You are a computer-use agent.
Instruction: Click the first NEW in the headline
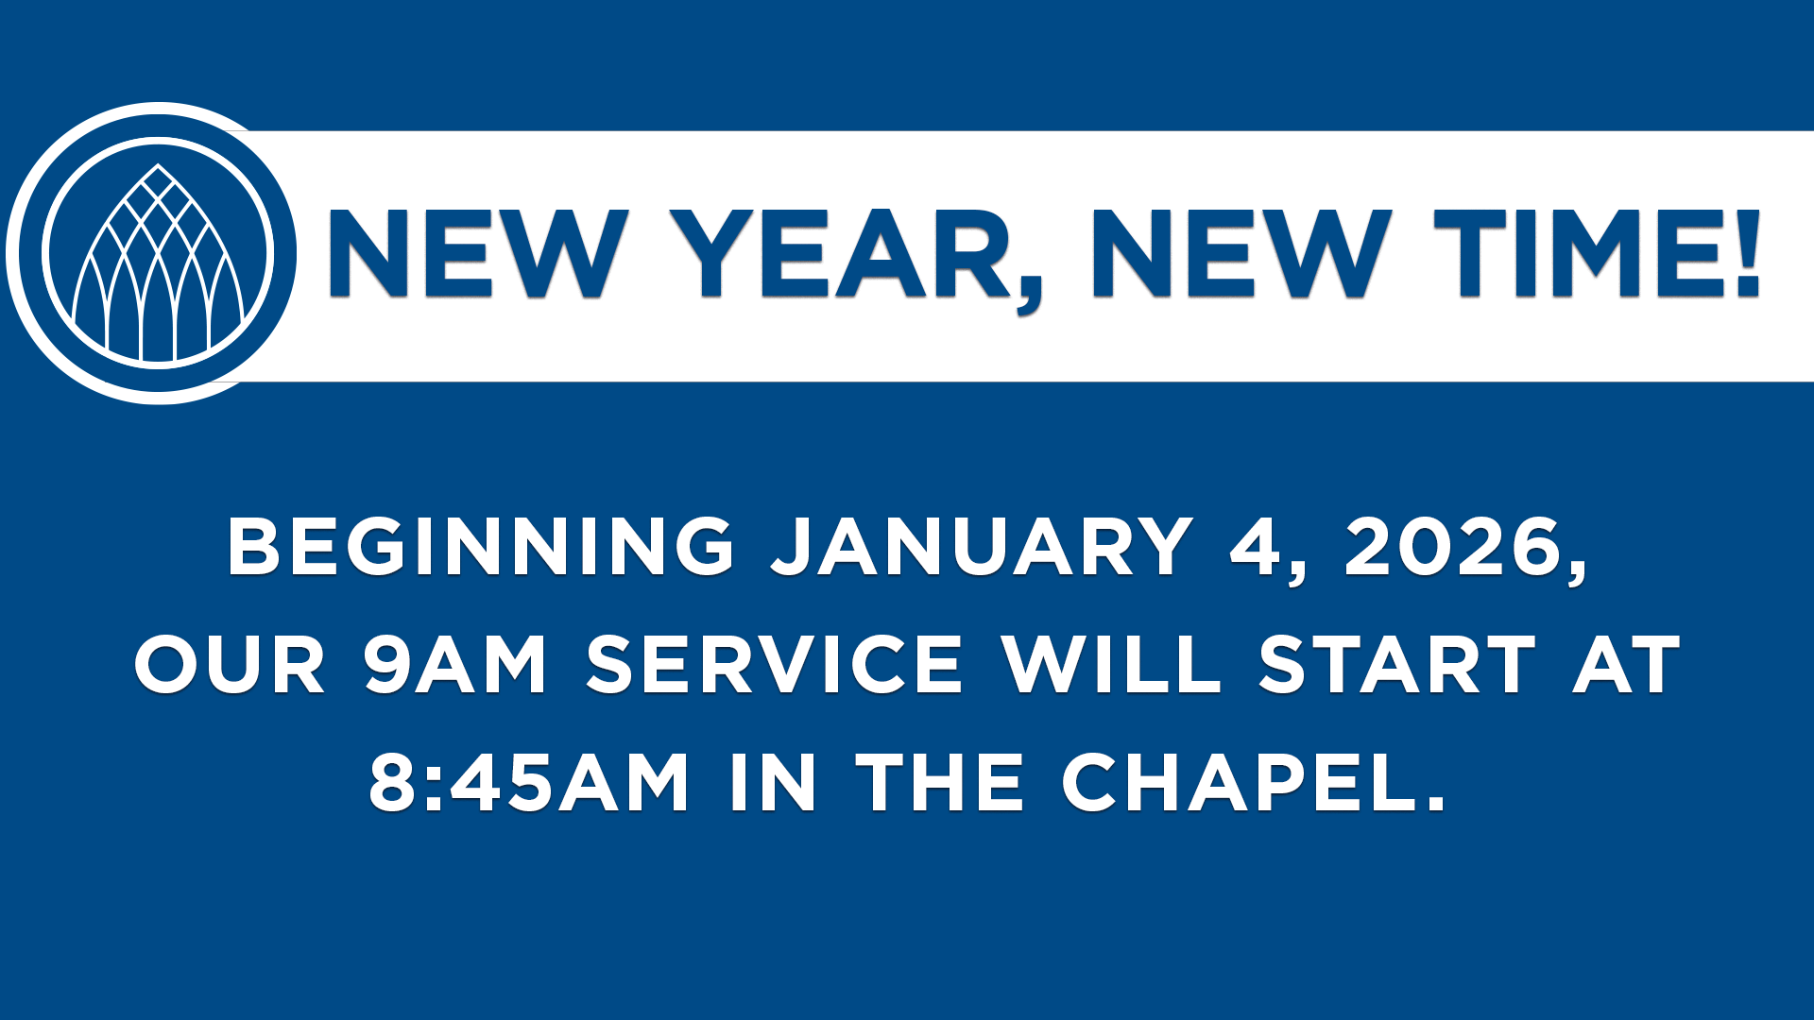pyautogui.click(x=477, y=254)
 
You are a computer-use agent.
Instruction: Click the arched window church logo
pyautogui.click(x=158, y=253)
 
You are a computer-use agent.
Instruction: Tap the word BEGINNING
pyautogui.click(x=481, y=547)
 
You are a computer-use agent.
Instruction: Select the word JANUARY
pyautogui.click(x=983, y=547)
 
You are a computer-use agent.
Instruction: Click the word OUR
pyautogui.click(x=231, y=665)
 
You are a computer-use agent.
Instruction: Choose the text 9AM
pyautogui.click(x=454, y=665)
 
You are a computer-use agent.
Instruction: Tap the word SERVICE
pyautogui.click(x=775, y=665)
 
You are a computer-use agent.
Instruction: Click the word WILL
pyautogui.click(x=1112, y=665)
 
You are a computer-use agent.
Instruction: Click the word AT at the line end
pyautogui.click(x=1627, y=665)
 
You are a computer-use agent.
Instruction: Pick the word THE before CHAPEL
pyautogui.click(x=940, y=783)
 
